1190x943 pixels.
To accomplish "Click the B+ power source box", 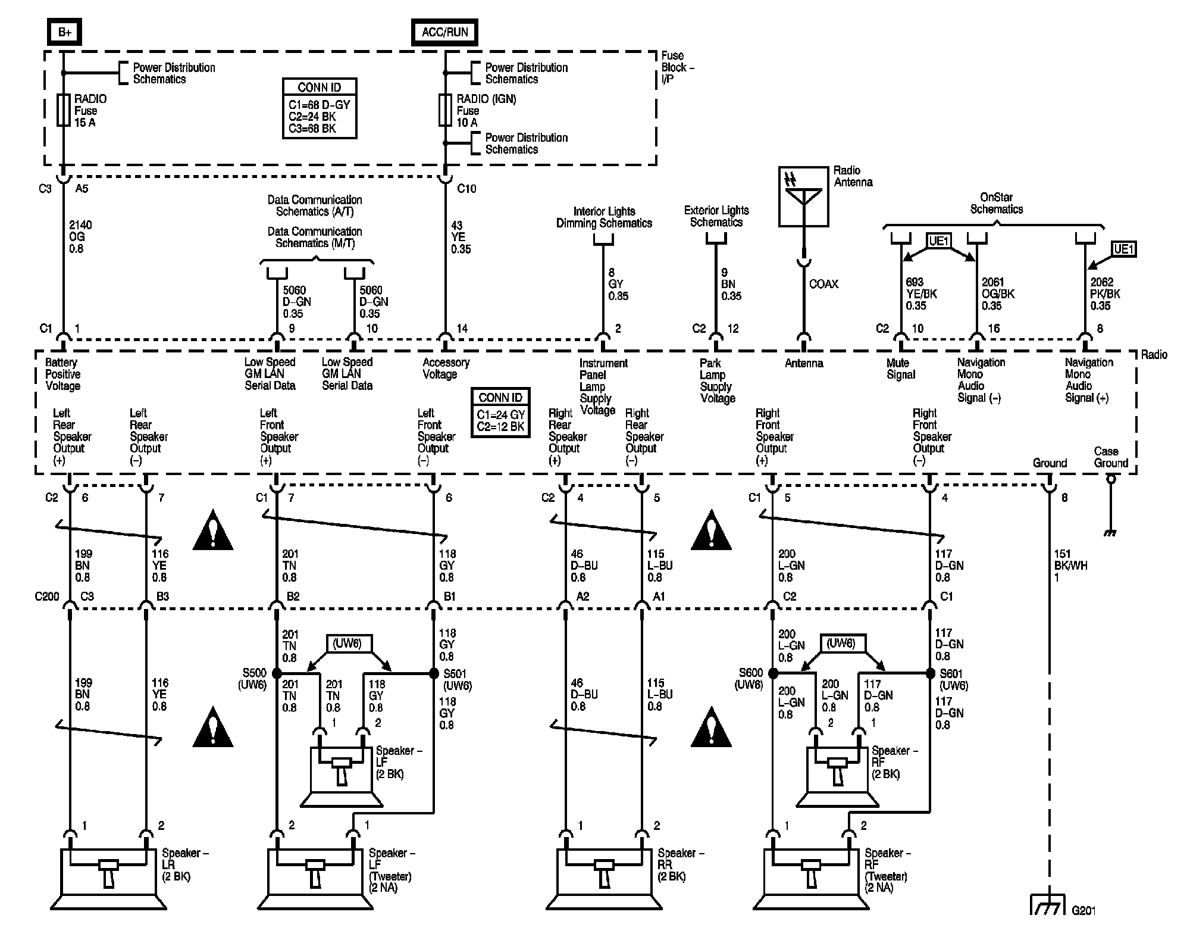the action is point(64,32).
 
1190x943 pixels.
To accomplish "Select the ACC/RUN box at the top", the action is point(444,32).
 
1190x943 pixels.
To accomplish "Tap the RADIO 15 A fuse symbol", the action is point(64,110).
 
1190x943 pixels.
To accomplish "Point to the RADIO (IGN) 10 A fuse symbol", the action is point(445,110).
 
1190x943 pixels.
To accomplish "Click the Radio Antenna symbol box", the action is point(803,196).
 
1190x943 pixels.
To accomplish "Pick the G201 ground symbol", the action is point(1047,905).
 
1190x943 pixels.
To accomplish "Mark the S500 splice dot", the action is point(277,673).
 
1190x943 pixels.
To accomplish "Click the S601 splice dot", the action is point(930,673).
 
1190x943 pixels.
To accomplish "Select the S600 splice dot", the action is point(773,673).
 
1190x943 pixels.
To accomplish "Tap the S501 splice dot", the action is point(434,673).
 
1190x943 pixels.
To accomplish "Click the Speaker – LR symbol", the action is point(108,879).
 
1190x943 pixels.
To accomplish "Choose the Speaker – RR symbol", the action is point(604,879).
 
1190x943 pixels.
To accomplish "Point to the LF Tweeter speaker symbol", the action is point(315,879).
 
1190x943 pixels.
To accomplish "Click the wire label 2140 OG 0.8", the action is point(80,237).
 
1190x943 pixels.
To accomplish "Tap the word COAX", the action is point(824,285).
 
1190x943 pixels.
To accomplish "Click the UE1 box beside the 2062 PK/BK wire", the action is point(1123,249).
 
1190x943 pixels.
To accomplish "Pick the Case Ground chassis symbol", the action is point(1110,506).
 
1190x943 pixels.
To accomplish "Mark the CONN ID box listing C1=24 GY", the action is point(500,413).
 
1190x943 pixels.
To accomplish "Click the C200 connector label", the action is point(47,597).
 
